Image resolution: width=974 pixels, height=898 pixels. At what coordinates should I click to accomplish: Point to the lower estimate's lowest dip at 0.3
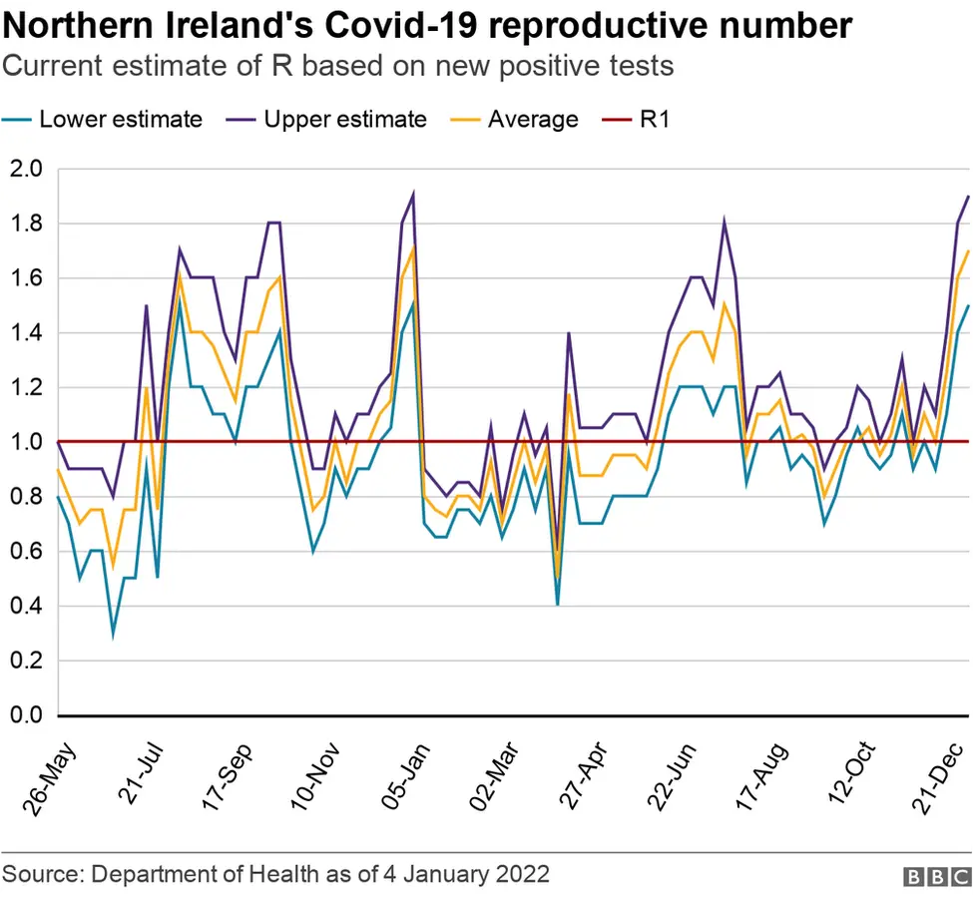coord(113,633)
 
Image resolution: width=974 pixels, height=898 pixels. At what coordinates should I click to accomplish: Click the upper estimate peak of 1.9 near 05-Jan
coord(412,196)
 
